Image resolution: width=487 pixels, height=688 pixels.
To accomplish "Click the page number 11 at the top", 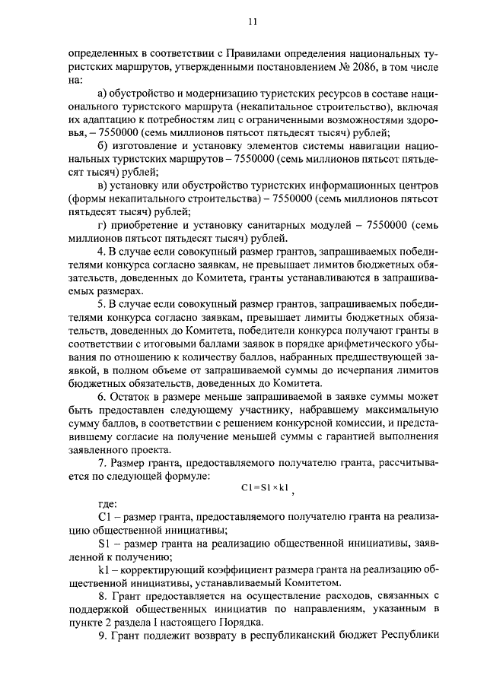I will [252, 22].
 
